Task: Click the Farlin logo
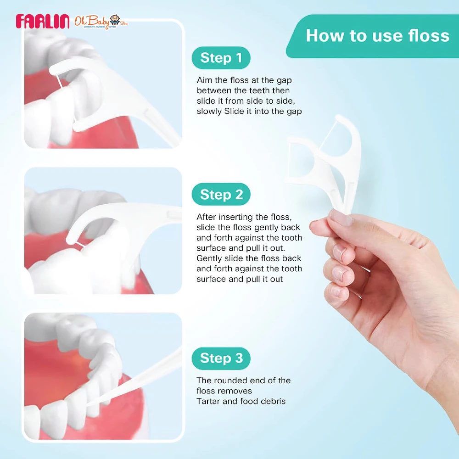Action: click(x=42, y=21)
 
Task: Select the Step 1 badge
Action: click(x=221, y=58)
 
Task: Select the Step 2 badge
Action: click(x=221, y=195)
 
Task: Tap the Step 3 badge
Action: click(x=221, y=358)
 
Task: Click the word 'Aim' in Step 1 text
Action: click(x=204, y=80)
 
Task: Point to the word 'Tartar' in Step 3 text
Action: click(x=208, y=401)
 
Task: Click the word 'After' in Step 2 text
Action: click(x=207, y=217)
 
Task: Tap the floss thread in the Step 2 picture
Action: click(x=81, y=242)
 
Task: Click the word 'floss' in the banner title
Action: click(x=431, y=36)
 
